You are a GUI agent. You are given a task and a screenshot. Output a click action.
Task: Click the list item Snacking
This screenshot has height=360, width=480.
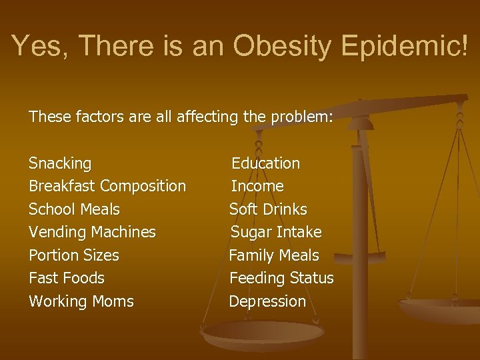60,163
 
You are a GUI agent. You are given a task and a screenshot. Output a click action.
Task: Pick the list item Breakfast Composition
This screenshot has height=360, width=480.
107,186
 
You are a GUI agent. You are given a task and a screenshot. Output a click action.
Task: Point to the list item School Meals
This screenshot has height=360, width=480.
74,209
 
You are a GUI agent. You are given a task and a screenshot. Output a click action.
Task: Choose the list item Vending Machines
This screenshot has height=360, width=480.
92,232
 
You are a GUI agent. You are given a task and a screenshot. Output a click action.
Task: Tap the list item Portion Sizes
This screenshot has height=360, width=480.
73,255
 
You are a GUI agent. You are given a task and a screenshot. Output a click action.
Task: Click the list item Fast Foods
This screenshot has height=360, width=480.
67,278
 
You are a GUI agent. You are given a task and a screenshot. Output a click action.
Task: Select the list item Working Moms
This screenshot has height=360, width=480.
81,301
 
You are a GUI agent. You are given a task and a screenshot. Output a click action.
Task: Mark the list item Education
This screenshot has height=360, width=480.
265,163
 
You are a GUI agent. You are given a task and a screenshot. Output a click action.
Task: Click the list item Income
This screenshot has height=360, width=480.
257,186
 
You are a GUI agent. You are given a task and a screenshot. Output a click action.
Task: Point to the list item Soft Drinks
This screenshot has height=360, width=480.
268,209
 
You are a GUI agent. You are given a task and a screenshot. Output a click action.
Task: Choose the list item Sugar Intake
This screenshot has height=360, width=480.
276,232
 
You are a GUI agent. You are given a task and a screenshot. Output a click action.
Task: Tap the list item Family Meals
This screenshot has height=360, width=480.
274,255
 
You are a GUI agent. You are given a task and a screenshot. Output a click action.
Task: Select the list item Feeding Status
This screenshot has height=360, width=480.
281,278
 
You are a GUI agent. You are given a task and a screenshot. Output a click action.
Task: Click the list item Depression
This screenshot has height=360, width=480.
267,301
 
